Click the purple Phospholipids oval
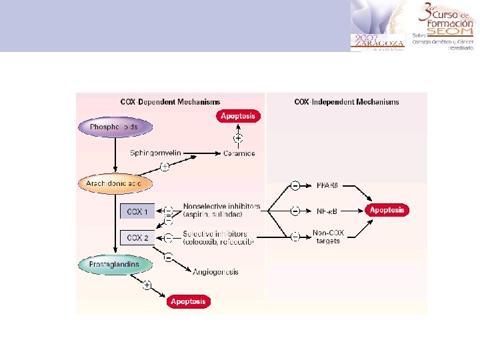pos(115,127)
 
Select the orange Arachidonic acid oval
pos(115,183)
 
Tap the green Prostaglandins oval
pos(114,264)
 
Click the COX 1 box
pos(137,212)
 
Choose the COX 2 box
pos(137,237)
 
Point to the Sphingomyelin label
pos(155,153)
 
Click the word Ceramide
pos(239,153)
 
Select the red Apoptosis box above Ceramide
pos(238,116)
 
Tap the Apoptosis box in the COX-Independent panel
pos(387,210)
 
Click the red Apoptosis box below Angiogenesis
pos(188,301)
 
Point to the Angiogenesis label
pos(215,272)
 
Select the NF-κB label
pos(326,211)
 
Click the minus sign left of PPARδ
pos(295,185)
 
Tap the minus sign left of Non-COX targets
pos(295,236)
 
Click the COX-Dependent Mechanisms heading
pos(170,102)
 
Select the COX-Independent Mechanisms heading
pos(346,102)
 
